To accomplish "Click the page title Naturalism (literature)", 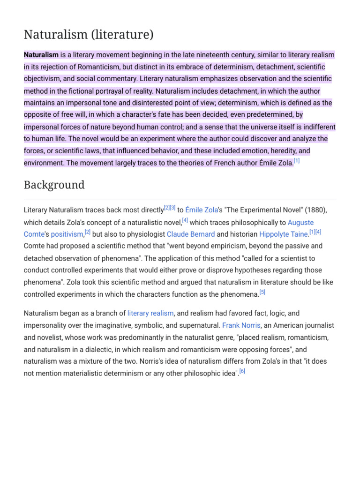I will [x=89, y=35].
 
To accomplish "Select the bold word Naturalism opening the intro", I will [x=41, y=55].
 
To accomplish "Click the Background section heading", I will [x=54, y=185].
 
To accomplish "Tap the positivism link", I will [x=67, y=234].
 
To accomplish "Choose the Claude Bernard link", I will [x=191, y=234].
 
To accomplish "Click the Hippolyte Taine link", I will [x=283, y=234].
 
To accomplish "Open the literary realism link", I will [x=150, y=313].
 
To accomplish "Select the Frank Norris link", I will [x=241, y=325].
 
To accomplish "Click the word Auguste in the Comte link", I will [x=300, y=222].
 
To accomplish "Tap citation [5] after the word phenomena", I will [x=262, y=292].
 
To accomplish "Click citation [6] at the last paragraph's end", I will [x=242, y=372].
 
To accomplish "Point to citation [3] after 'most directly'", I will [x=172, y=207].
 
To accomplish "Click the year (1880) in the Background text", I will [x=316, y=210].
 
